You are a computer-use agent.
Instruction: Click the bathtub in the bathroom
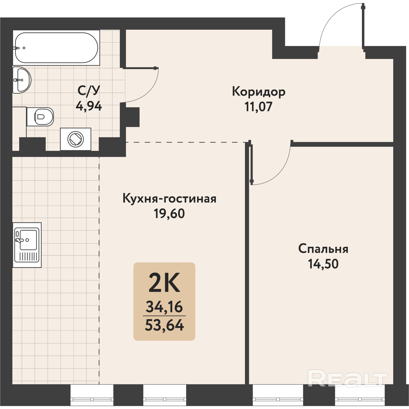click(x=56, y=48)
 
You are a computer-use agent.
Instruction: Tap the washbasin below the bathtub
click(x=22, y=80)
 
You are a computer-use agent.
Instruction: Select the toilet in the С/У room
click(x=40, y=117)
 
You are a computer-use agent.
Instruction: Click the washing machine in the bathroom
click(x=76, y=139)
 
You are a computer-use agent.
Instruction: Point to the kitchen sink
click(x=27, y=245)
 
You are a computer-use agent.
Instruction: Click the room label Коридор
click(x=258, y=92)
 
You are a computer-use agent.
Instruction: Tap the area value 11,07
click(x=258, y=107)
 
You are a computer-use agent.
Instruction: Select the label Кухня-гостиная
click(x=169, y=199)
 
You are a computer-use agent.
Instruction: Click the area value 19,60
click(x=169, y=214)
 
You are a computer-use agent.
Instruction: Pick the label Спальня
click(x=323, y=249)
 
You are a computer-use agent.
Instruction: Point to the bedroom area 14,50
click(x=323, y=264)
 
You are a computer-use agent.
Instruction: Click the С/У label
click(x=89, y=91)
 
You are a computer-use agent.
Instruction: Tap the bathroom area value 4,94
click(x=89, y=106)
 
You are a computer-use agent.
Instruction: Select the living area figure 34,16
click(x=164, y=307)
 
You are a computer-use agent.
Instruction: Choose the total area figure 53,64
click(x=164, y=325)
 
